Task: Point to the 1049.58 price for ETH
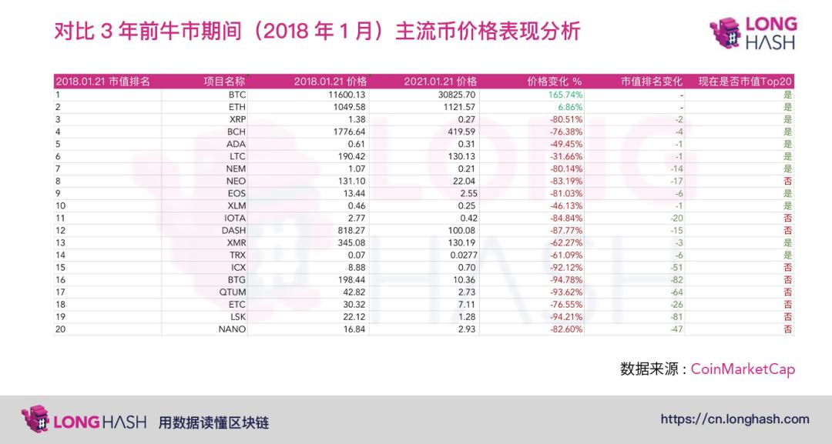[347, 107]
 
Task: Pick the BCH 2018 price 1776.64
[347, 132]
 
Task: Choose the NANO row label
[232, 329]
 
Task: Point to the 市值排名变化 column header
[652, 82]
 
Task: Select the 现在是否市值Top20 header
[745, 82]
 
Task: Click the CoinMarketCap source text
[743, 369]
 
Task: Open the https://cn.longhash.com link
[735, 419]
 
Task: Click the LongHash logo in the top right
[752, 33]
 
